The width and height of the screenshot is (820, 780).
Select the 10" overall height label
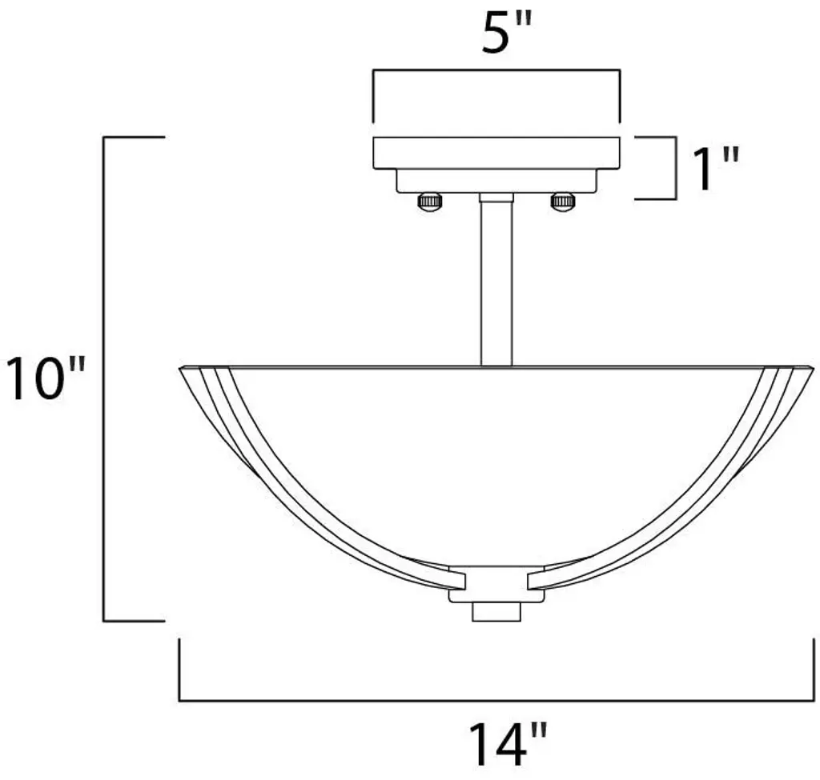(45, 378)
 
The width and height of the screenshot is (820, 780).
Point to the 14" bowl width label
(507, 745)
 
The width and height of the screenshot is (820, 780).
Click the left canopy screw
(429, 202)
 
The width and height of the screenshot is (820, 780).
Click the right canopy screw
(563, 202)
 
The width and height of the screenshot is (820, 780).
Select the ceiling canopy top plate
(496, 153)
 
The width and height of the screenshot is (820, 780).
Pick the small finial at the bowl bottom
(496, 612)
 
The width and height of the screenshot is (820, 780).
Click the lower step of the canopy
(496, 181)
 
